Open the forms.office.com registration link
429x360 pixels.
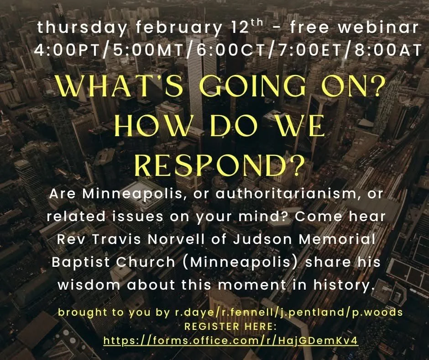[x=230, y=341]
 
